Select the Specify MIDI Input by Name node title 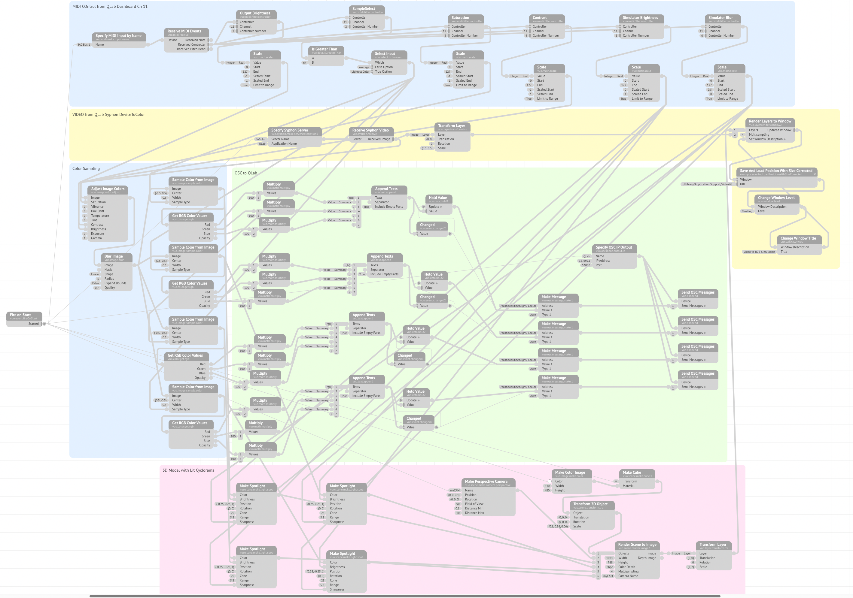[118, 36]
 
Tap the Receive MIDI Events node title [184, 31]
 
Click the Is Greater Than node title [324, 49]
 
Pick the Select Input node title [385, 53]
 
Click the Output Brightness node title [255, 13]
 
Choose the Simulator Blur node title [720, 17]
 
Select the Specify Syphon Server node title [289, 130]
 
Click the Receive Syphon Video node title [370, 130]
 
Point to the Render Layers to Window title [770, 121]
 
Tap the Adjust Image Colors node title [108, 189]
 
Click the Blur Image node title [113, 256]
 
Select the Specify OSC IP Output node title [614, 247]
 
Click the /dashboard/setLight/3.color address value [518, 360]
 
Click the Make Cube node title [632, 473]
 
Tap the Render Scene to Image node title [637, 545]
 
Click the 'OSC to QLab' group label [245, 173]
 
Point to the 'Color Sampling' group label [86, 168]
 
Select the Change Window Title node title [798, 238]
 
